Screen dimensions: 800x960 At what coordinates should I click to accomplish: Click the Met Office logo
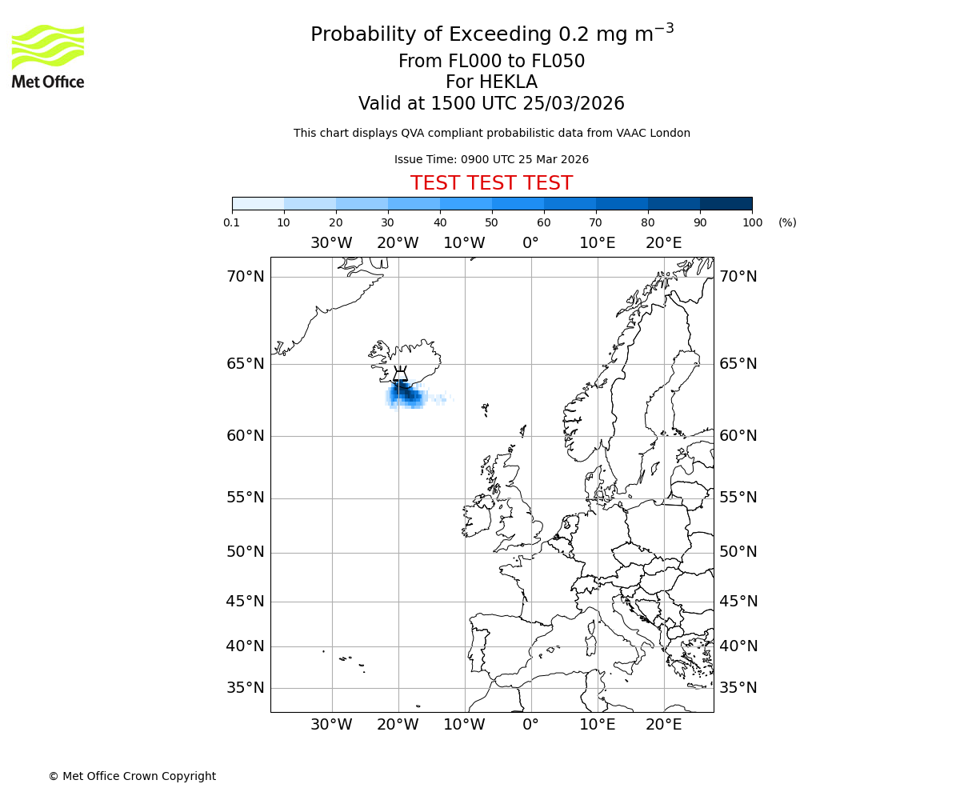[48, 56]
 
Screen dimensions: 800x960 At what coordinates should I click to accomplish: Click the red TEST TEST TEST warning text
[491, 183]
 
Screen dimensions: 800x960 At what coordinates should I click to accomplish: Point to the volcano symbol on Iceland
[400, 374]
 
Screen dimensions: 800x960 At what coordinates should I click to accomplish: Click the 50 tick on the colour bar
[491, 222]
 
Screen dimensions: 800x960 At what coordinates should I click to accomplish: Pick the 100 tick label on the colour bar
[752, 222]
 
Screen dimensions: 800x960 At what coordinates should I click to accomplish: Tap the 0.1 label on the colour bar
[232, 222]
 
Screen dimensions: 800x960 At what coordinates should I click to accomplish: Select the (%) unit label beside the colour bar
[787, 222]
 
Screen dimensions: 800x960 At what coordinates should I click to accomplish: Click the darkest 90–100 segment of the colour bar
[726, 203]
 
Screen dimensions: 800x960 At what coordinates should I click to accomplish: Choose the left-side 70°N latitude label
[245, 277]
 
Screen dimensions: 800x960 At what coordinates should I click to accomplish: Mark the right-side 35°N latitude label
[738, 688]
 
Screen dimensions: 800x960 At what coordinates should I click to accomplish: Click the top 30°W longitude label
[331, 243]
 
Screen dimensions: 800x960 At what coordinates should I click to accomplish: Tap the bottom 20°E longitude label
[663, 725]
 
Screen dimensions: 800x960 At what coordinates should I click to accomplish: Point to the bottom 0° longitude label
[530, 725]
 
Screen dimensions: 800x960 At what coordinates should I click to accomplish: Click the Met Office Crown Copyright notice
[132, 776]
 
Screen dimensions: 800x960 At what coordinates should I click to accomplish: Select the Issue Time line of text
[491, 159]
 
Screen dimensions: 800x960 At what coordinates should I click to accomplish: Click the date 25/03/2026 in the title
[574, 104]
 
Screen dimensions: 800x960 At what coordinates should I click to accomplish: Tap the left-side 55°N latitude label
[245, 498]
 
